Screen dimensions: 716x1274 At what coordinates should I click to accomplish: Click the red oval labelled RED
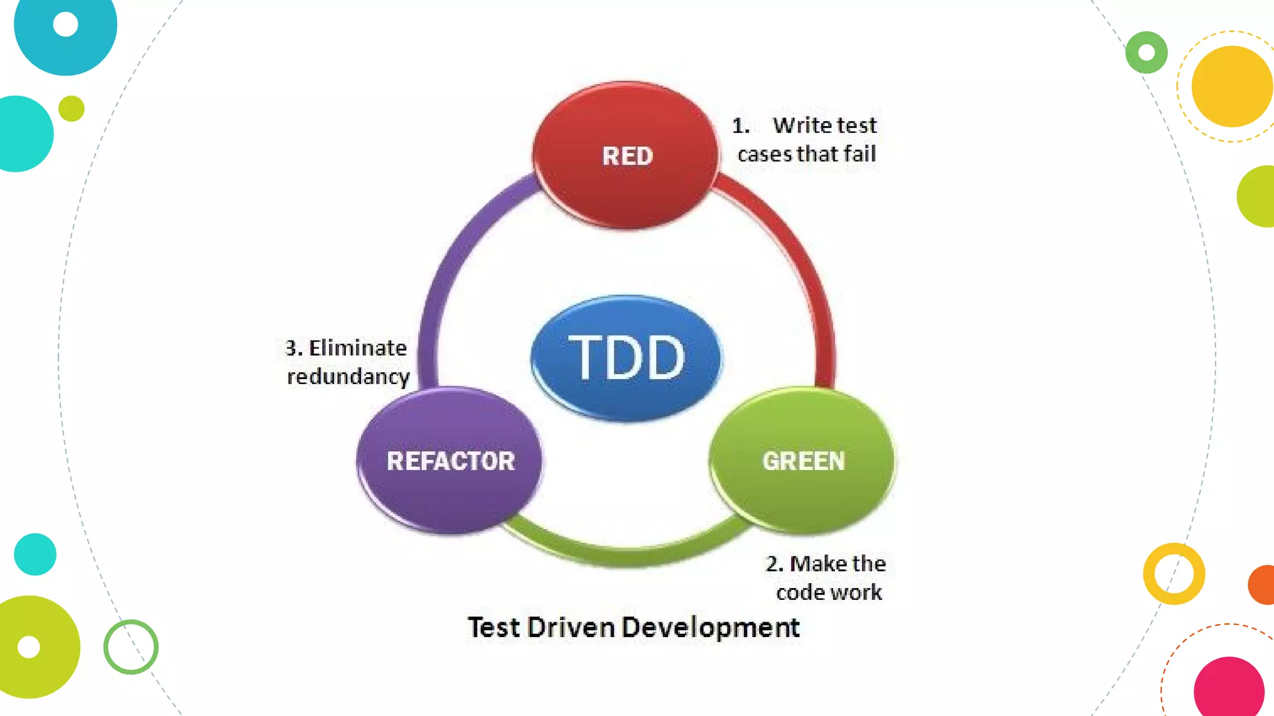626,155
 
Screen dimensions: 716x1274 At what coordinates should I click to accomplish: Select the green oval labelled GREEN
802,461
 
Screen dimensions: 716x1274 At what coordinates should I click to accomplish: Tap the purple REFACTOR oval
450,461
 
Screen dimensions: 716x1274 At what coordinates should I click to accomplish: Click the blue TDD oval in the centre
626,357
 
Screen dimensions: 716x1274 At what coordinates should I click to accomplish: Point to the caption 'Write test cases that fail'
807,140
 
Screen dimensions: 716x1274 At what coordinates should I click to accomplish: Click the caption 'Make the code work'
827,577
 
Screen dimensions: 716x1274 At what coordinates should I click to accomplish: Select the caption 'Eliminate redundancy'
347,362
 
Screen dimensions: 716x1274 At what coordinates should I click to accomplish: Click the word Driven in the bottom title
570,628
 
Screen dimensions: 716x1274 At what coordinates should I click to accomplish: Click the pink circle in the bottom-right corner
1229,689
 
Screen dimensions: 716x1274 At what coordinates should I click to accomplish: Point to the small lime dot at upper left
72,109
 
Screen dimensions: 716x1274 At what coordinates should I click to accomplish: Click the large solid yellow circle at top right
1232,86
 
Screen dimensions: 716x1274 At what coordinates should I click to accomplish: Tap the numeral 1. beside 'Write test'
740,126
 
